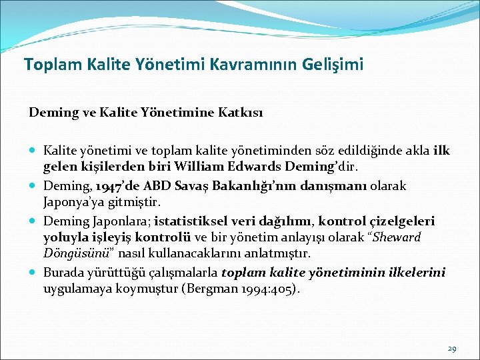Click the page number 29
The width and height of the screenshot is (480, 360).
(x=452, y=348)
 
